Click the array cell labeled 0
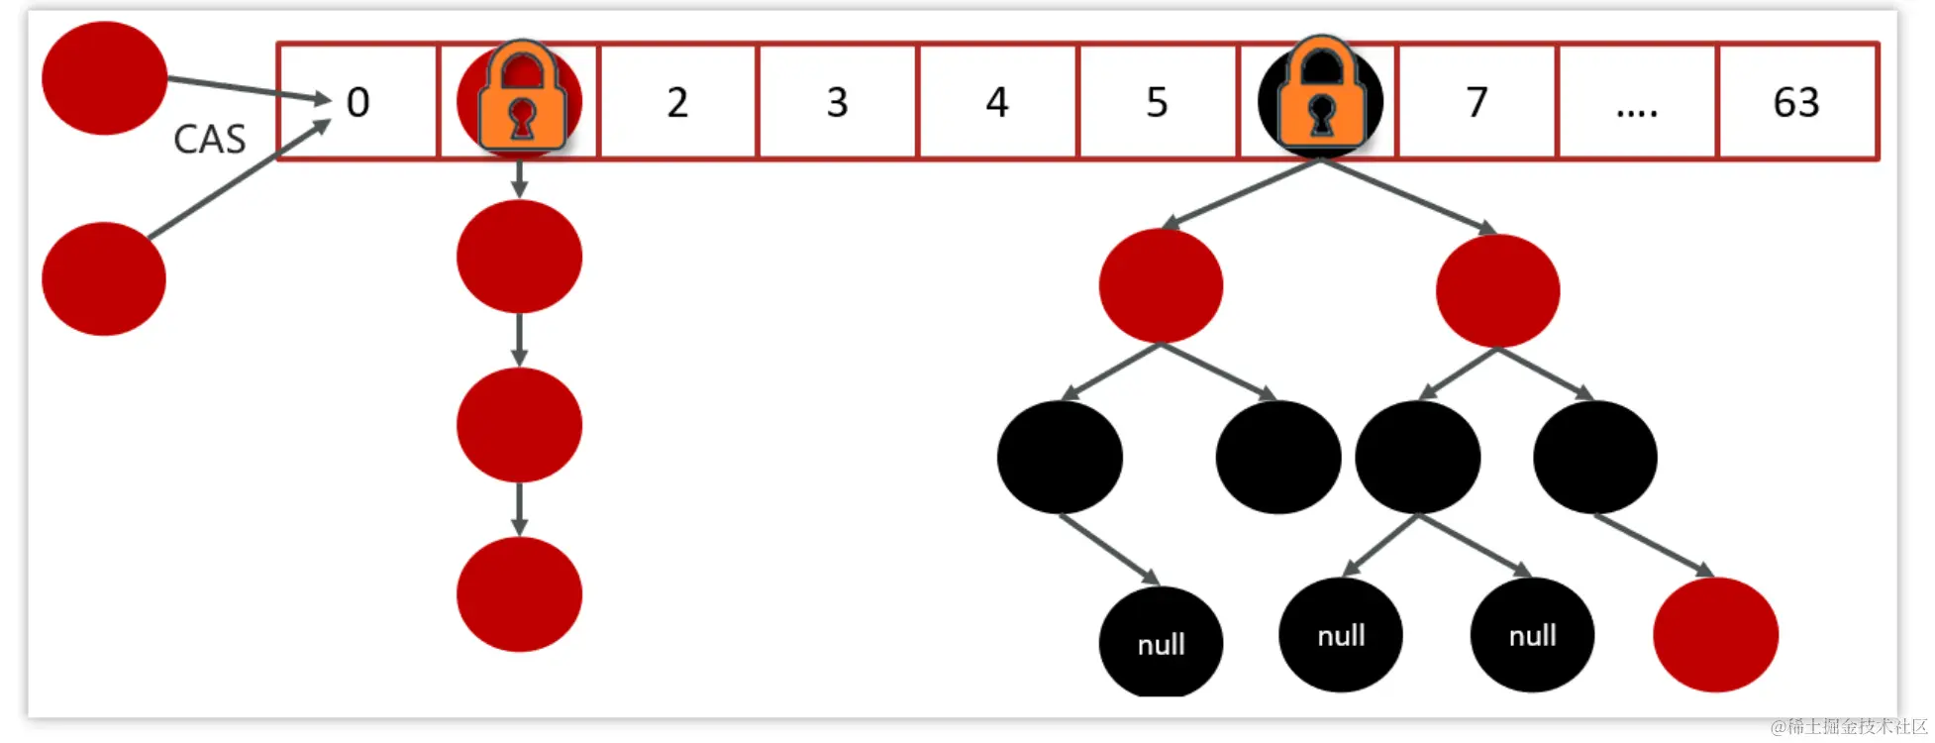point(357,101)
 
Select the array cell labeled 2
point(677,101)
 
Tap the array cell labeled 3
point(838,101)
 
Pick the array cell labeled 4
point(997,101)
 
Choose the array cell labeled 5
point(1157,101)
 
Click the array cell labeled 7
point(1477,101)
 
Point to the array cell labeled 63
point(1796,101)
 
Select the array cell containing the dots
point(1636,101)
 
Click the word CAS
point(209,140)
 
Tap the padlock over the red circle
point(522,97)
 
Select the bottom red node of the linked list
point(519,593)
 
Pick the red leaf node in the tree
point(1715,634)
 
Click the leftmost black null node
point(1161,643)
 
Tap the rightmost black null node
point(1532,635)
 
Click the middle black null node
point(1341,635)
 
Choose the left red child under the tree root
point(1161,285)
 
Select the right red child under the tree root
point(1497,290)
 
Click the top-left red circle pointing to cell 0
point(104,78)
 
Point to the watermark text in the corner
point(1848,727)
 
